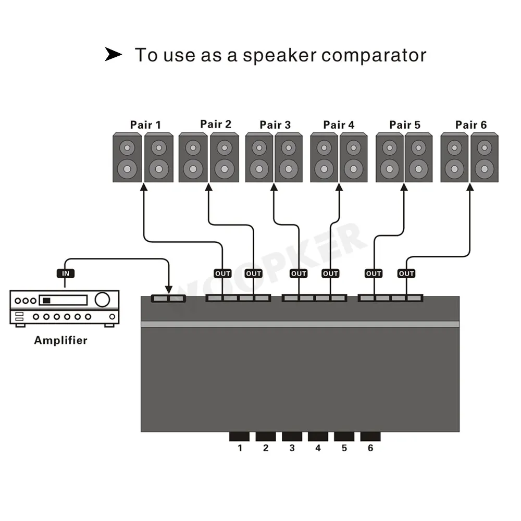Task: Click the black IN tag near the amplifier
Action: point(65,273)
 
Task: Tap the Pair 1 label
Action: point(145,125)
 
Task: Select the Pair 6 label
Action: point(470,125)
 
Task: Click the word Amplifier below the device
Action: point(60,341)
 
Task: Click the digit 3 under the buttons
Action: point(292,448)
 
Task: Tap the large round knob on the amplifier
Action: point(103,300)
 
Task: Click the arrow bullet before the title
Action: point(113,54)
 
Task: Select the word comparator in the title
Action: point(374,55)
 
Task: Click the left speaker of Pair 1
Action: point(128,157)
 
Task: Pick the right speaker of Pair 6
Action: point(485,157)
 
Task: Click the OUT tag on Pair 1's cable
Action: point(222,273)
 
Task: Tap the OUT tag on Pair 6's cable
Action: point(406,273)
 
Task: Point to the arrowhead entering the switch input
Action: point(168,290)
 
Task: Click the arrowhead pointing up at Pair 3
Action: point(274,188)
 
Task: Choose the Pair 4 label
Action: point(339,125)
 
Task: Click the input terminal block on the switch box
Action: point(168,299)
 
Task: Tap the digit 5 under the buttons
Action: point(344,448)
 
